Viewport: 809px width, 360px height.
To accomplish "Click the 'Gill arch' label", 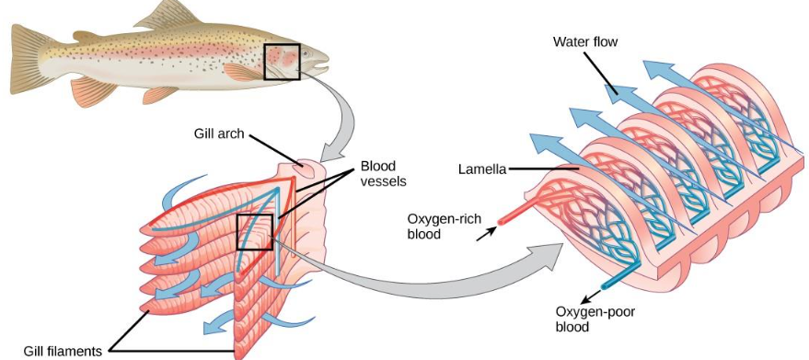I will [217, 132].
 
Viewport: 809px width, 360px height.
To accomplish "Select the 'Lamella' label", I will [482, 168].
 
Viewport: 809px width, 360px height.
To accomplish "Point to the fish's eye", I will [306, 53].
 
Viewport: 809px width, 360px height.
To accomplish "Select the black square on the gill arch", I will [255, 232].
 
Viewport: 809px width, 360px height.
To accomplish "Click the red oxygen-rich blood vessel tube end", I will [503, 220].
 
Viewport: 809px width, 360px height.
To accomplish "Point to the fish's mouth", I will [322, 65].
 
